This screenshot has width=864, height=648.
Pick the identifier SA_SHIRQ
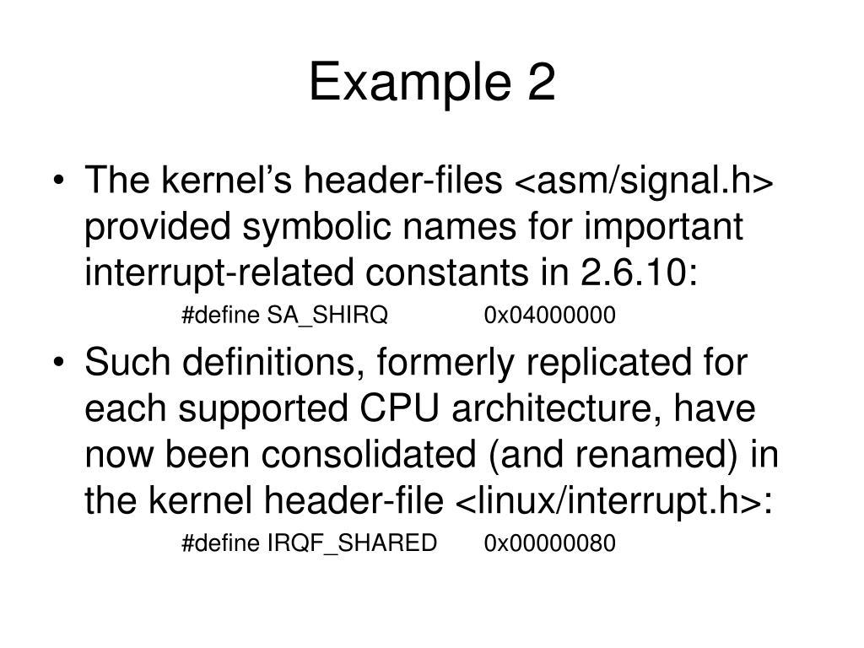click(327, 316)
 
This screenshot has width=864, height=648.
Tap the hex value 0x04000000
click(550, 316)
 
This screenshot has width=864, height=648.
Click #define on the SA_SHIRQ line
click(221, 316)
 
